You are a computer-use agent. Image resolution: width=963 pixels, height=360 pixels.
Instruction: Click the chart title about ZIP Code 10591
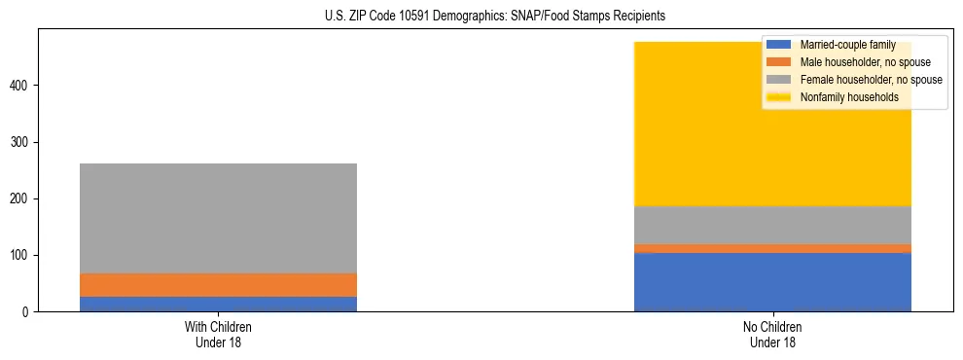click(494, 17)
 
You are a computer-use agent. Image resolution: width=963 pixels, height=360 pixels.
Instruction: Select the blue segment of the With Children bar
click(218, 304)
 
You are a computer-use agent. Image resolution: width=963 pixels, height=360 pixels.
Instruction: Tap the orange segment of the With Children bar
click(218, 285)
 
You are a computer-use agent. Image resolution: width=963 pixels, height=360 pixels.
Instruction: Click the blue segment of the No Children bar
click(772, 282)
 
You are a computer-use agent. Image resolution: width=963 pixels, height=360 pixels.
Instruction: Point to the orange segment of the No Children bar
click(772, 248)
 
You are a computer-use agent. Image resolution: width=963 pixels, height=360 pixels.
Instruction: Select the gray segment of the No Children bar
click(772, 225)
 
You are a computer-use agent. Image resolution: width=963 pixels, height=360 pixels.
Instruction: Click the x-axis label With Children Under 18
click(218, 334)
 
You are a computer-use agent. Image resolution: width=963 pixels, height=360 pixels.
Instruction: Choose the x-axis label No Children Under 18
click(772, 334)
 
